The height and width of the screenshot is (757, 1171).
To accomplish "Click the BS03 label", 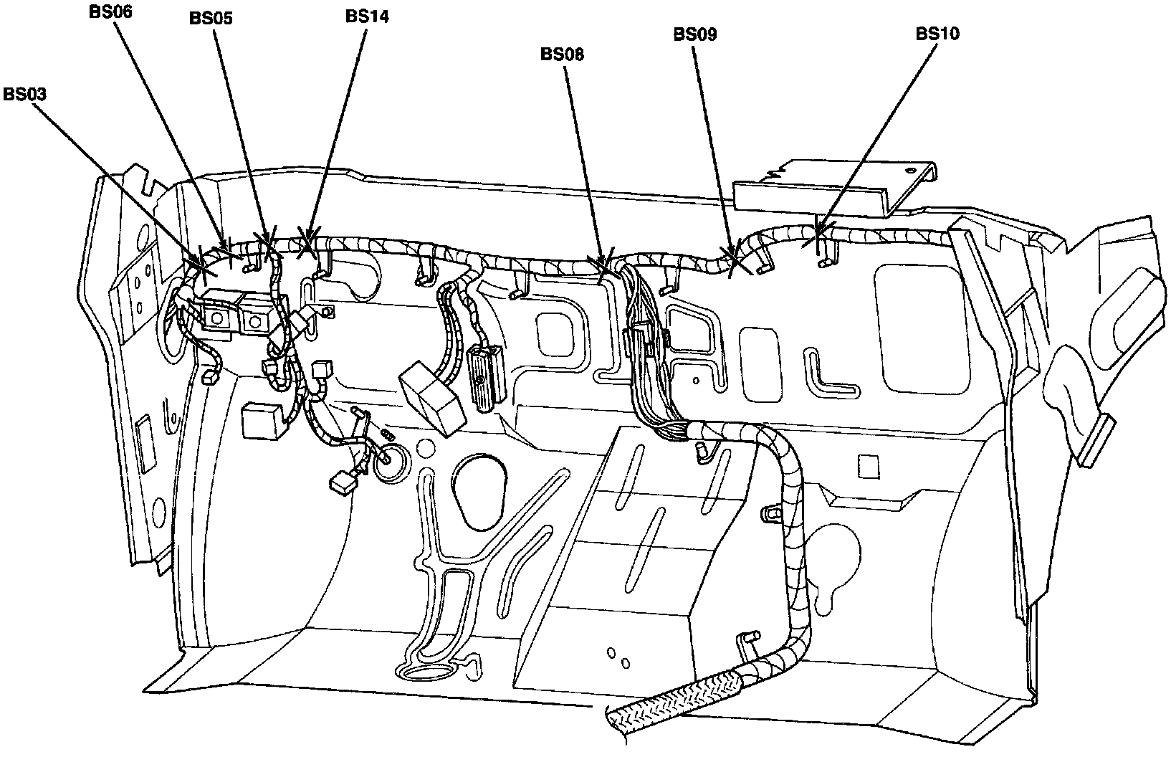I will (x=27, y=94).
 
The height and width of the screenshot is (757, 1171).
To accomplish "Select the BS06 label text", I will (x=111, y=12).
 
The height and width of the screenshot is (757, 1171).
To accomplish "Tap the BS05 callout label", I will (x=211, y=19).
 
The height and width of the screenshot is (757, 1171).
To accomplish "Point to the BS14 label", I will (x=366, y=16).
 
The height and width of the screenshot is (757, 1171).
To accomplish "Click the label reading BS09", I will (x=694, y=34).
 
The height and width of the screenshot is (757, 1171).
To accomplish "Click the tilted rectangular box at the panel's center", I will (x=435, y=398).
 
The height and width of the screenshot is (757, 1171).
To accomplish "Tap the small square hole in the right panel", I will (x=869, y=467).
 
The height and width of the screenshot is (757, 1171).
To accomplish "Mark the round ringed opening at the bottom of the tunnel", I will (x=429, y=671).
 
